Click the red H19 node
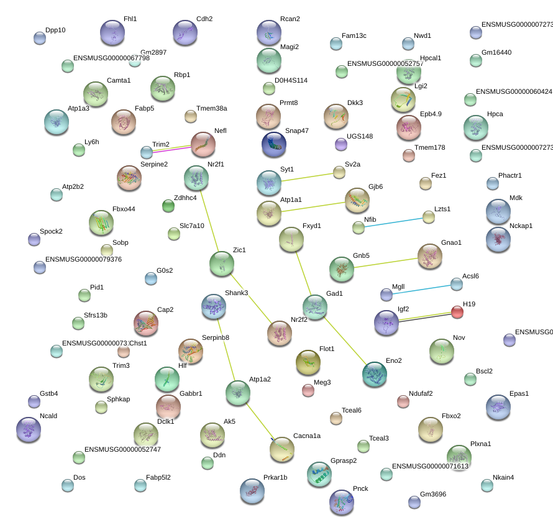(x=457, y=312)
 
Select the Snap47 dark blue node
(x=274, y=144)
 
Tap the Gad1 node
(x=315, y=307)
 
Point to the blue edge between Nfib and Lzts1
(x=394, y=222)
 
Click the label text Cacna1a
(x=307, y=436)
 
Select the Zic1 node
(x=222, y=263)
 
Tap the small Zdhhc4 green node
(x=168, y=206)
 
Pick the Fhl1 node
(x=113, y=32)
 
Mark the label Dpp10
(x=55, y=30)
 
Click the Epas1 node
(x=498, y=407)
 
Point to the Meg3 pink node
(x=308, y=390)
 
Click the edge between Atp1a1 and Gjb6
(x=313, y=206)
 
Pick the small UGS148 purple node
(x=340, y=145)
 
